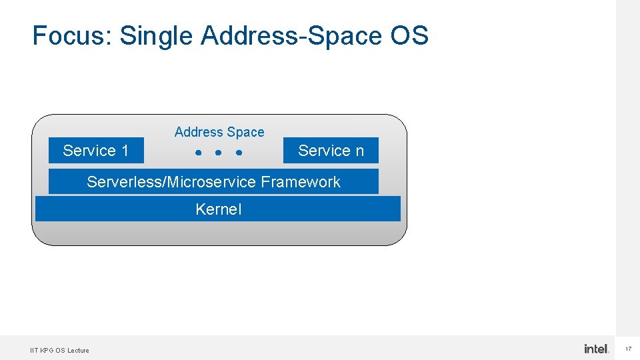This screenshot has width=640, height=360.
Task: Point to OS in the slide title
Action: [x=409, y=35]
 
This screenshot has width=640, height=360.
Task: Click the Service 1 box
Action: [x=96, y=151]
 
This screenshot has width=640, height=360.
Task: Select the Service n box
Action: [x=331, y=151]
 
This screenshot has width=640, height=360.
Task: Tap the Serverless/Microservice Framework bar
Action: [x=213, y=182]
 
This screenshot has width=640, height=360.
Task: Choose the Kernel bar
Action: [x=218, y=209]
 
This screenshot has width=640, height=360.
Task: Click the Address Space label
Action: [x=219, y=132]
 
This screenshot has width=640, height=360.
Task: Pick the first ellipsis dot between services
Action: [x=198, y=153]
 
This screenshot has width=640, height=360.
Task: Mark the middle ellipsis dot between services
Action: [x=218, y=153]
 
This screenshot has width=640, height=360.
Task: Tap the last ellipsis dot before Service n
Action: [x=238, y=153]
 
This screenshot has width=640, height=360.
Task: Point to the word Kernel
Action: [x=219, y=209]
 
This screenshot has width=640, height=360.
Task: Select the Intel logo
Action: [x=596, y=349]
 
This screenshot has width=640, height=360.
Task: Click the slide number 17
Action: [x=629, y=349]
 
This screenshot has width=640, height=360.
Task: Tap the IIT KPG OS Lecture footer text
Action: [x=59, y=350]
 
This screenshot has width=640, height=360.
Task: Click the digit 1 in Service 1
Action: [x=124, y=151]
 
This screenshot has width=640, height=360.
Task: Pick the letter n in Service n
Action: [x=359, y=151]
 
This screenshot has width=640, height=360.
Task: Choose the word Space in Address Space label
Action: [x=245, y=132]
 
